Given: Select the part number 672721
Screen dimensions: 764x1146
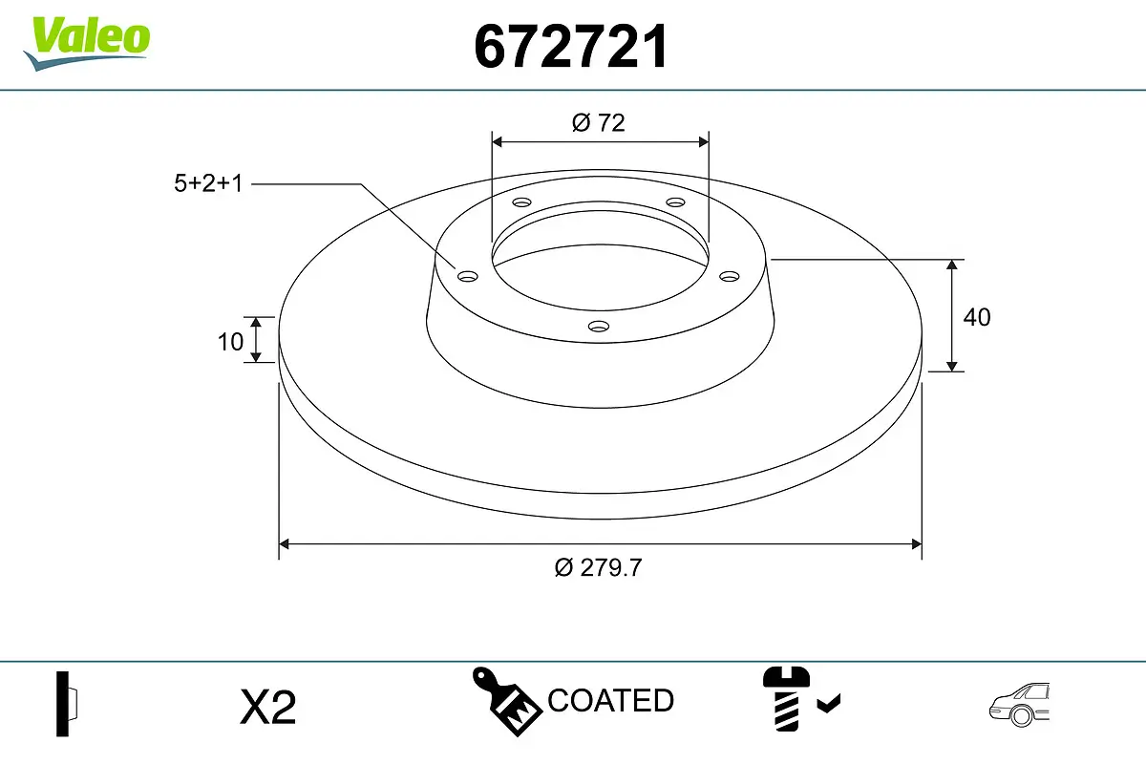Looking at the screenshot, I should tap(570, 47).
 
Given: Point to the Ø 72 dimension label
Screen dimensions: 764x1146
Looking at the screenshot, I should tap(599, 122).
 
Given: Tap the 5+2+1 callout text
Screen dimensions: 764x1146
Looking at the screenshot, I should tap(208, 183).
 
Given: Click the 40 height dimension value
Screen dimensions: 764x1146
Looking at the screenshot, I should tap(976, 317).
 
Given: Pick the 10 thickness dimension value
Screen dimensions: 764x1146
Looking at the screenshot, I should tap(230, 341).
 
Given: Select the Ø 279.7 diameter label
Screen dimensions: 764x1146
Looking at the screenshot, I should tap(599, 567).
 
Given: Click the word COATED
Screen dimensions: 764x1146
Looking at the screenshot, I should tap(611, 701).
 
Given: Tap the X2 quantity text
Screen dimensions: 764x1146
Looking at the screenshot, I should tap(268, 708).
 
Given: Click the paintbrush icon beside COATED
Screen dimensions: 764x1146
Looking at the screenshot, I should tap(506, 700).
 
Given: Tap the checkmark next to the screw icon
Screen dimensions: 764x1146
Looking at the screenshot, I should tap(829, 705).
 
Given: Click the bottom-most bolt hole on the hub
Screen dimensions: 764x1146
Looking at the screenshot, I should tap(599, 326).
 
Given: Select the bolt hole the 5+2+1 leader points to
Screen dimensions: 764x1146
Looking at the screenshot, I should tap(467, 276).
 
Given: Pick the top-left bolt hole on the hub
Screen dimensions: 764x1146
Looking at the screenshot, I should tap(521, 202).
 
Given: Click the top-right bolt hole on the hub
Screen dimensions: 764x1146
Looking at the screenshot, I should tap(676, 202).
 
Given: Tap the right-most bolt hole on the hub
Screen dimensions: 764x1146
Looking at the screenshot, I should tap(730, 276).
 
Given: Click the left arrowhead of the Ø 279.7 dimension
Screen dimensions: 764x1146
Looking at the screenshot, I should tap(284, 544).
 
